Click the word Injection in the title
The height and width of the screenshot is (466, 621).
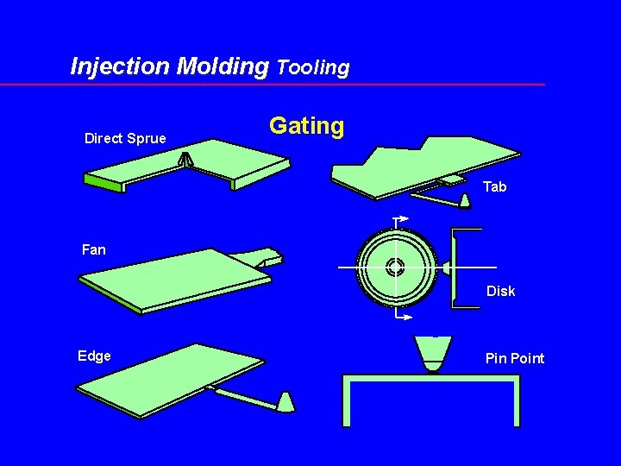pyautogui.click(x=120, y=66)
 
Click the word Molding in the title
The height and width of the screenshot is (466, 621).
pyautogui.click(x=222, y=66)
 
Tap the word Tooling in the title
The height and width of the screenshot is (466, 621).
pyautogui.click(x=313, y=67)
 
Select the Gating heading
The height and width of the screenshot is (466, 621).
pyautogui.click(x=306, y=126)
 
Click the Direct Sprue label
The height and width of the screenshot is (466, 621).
pyautogui.click(x=125, y=138)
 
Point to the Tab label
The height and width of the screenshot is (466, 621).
pyautogui.click(x=494, y=186)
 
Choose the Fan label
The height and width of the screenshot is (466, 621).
pyautogui.click(x=93, y=249)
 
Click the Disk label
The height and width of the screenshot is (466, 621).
pyautogui.click(x=500, y=291)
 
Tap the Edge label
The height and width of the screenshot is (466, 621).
pyautogui.click(x=94, y=356)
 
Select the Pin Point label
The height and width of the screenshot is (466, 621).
pyautogui.click(x=515, y=358)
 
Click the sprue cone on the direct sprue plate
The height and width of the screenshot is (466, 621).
pyautogui.click(x=185, y=161)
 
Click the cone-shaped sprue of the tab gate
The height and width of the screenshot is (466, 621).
pyautogui.click(x=465, y=201)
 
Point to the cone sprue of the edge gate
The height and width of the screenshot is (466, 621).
pyautogui.click(x=286, y=401)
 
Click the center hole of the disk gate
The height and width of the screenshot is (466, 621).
pyautogui.click(x=395, y=267)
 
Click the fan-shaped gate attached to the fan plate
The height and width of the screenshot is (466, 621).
pyautogui.click(x=265, y=257)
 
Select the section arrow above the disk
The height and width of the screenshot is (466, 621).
pyautogui.click(x=400, y=220)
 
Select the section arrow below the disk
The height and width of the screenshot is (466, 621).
pyautogui.click(x=402, y=317)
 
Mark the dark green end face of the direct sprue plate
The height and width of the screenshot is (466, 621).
pyautogui.click(x=104, y=182)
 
